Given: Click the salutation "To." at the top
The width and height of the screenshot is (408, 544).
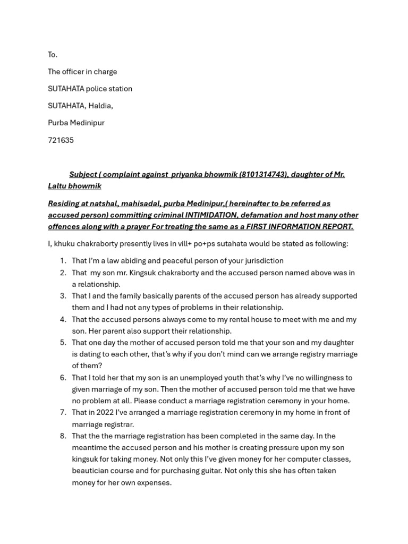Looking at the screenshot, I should [x=53, y=55].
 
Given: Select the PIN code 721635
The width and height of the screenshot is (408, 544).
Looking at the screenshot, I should [x=61, y=140].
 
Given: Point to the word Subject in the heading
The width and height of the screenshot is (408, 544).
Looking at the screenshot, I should [x=82, y=175].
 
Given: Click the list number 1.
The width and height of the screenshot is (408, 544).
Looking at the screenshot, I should [x=63, y=261].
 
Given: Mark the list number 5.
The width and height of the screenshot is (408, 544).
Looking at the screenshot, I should [x=63, y=343].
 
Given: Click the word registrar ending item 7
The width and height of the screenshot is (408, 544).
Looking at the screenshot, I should [x=117, y=424].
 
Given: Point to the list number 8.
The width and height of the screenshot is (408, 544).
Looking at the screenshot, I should [x=63, y=436].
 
